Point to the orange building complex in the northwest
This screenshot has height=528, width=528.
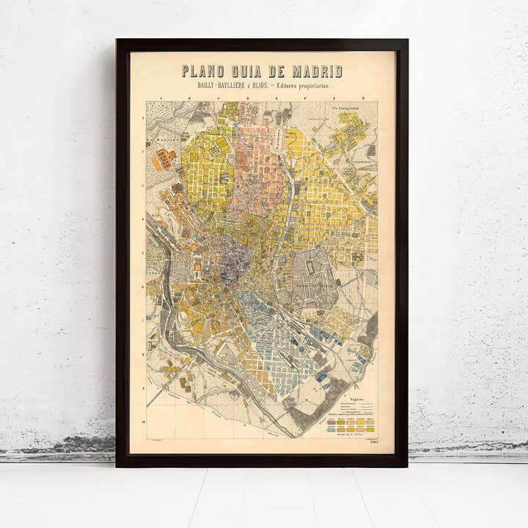click(x=163, y=159)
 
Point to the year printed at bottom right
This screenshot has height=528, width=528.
click(x=375, y=441)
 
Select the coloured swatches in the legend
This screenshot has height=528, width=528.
click(x=351, y=425)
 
